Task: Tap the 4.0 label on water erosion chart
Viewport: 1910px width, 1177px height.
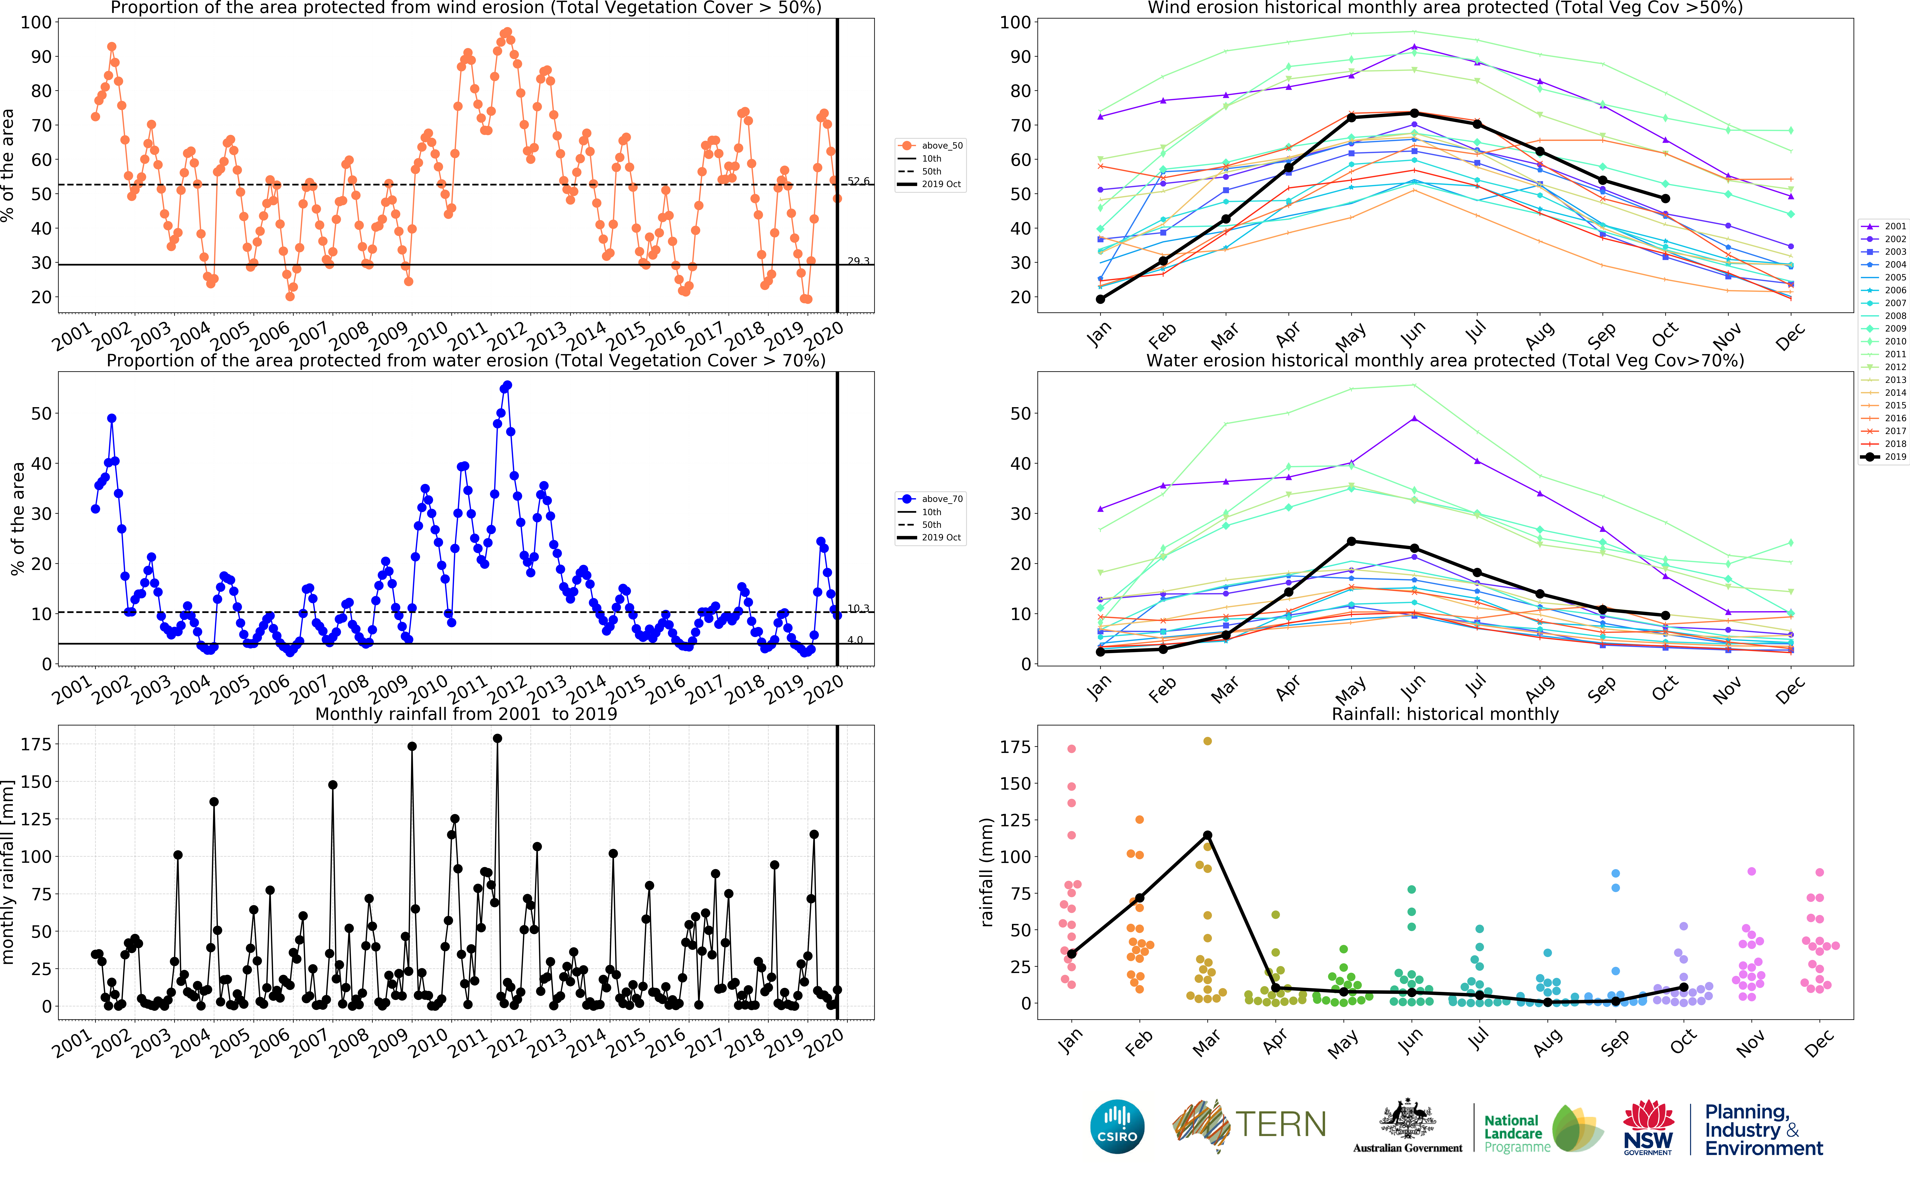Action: [855, 640]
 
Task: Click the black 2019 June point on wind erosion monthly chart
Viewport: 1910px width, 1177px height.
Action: [1414, 114]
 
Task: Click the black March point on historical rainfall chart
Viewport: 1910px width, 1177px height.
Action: [1207, 835]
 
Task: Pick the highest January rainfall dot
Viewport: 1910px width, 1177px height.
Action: [1072, 749]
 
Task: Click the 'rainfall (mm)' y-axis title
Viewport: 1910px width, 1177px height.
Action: [987, 872]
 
